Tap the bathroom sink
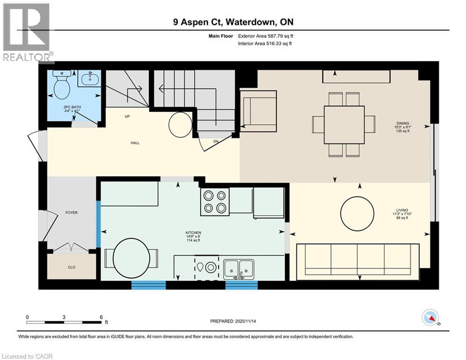89,79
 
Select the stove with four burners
215,202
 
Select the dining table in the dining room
344,125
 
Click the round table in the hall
179,124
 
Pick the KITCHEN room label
193,233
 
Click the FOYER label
71,213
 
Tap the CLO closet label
72,267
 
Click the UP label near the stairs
127,116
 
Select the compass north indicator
430,318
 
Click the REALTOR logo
27,32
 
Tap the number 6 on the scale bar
101,317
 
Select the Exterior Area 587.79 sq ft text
266,36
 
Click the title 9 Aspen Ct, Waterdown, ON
233,22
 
